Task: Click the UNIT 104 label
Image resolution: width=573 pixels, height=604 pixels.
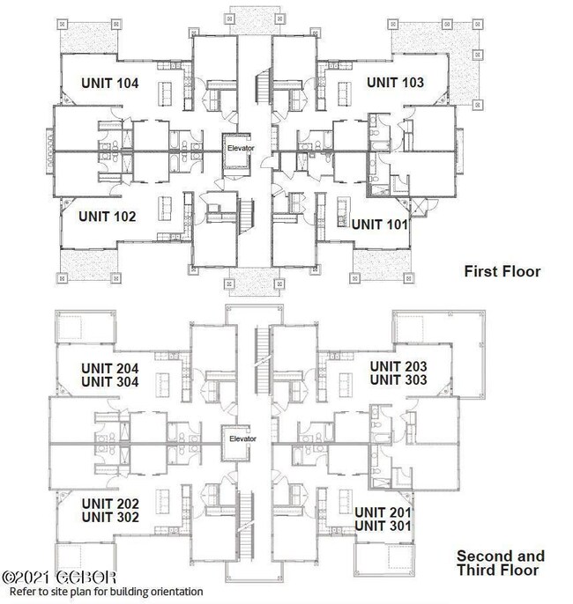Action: click(x=110, y=83)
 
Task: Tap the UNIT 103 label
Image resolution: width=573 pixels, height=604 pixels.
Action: click(x=395, y=83)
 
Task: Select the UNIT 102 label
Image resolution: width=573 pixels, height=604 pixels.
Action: click(x=108, y=217)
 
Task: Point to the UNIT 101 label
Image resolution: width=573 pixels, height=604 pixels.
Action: click(x=380, y=225)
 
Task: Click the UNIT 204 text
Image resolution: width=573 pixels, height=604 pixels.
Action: click(x=110, y=369)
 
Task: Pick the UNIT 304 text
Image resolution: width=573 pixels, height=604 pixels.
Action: click(x=110, y=382)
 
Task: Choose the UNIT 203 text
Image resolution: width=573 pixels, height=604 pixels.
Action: click(x=398, y=366)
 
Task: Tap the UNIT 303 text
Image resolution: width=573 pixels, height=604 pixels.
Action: click(x=398, y=379)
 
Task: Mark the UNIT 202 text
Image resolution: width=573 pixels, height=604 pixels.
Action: click(x=110, y=504)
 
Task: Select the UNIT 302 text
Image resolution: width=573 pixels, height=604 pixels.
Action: click(x=110, y=518)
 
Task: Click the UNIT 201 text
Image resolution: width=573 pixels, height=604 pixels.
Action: click(x=383, y=512)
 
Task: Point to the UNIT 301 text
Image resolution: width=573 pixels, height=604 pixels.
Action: click(x=383, y=527)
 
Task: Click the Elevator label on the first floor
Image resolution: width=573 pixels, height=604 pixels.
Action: click(x=241, y=148)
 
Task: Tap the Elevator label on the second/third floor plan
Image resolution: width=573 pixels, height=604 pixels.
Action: click(x=242, y=439)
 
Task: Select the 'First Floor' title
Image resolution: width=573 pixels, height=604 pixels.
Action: click(x=502, y=271)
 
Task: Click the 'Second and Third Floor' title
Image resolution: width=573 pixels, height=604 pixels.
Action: click(x=501, y=563)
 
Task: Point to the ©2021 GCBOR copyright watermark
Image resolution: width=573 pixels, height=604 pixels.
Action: click(x=59, y=578)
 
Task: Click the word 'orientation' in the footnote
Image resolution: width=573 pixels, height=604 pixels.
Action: click(x=176, y=592)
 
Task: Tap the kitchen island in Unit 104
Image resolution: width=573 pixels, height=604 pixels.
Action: click(x=165, y=93)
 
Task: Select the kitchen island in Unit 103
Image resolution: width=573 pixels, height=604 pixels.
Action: click(x=345, y=93)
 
